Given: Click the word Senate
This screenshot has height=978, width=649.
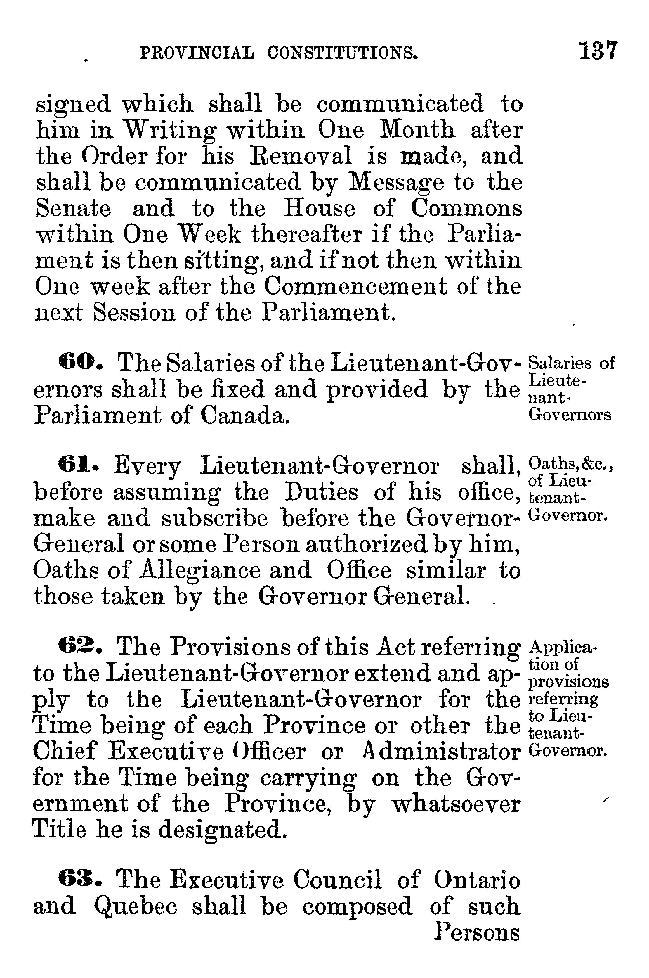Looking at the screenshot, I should click(x=73, y=208).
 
